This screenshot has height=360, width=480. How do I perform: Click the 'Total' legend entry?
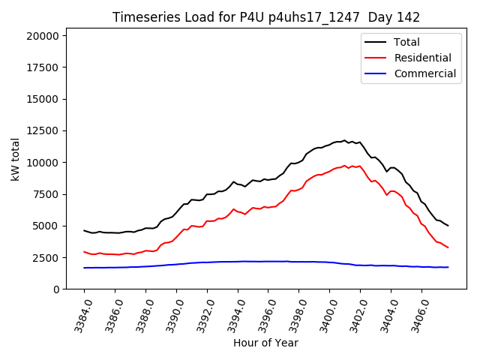coord(406,42)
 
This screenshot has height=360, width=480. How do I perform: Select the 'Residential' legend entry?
coord(422,58)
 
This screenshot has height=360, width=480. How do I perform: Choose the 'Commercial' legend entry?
coord(424,73)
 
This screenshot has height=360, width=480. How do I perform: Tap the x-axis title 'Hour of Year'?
coord(265,343)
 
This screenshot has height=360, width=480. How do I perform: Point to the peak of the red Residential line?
coord(344,166)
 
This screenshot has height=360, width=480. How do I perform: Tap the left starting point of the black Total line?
coord(84,230)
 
